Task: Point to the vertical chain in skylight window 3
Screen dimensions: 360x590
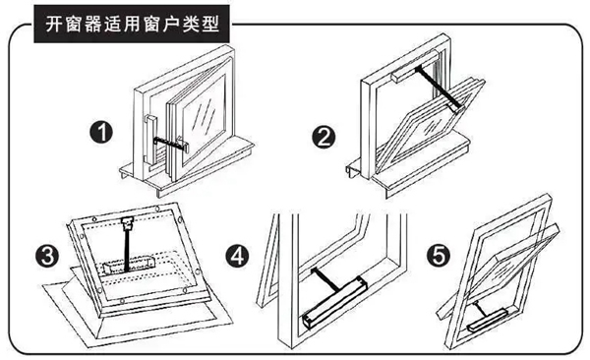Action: [x=128, y=236]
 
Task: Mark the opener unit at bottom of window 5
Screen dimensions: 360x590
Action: [x=491, y=318]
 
